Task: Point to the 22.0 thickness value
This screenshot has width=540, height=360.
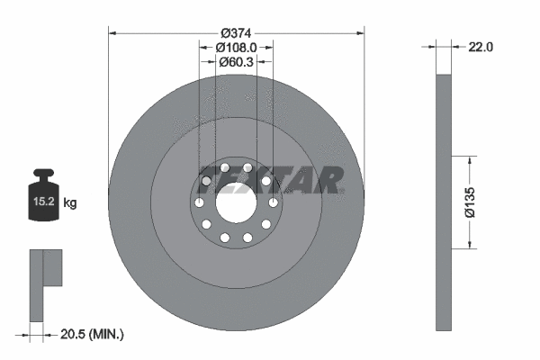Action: [x=481, y=47]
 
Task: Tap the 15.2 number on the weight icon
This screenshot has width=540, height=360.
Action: [x=42, y=203]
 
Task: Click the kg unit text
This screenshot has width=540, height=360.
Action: [x=70, y=203]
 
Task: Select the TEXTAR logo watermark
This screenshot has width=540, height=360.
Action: [x=270, y=179]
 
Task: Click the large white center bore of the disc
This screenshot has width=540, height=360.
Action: [x=236, y=200]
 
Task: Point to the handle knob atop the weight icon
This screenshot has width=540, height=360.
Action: [x=42, y=174]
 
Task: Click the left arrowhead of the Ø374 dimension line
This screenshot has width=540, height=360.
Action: [x=112, y=32]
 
